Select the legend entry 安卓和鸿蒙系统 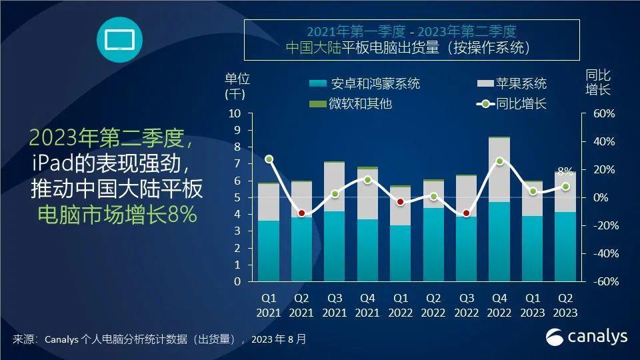click(365, 84)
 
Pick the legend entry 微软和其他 click(351, 104)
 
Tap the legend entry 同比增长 click(510, 104)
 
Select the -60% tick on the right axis click(601, 281)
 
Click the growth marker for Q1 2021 click(269, 159)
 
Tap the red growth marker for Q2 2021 click(301, 213)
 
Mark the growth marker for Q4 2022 click(499, 161)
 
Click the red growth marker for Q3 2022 click(466, 213)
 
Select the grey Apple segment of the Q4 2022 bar click(499, 170)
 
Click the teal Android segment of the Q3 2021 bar click(335, 247)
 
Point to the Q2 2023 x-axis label click(565, 305)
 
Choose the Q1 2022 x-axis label click(400, 305)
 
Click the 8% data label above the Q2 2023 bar click(565, 171)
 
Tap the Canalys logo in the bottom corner click(587, 337)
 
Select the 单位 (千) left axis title click(237, 85)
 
